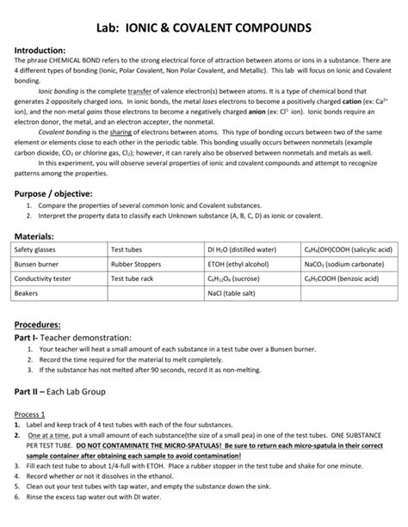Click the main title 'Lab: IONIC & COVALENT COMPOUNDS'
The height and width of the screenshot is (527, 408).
click(203, 28)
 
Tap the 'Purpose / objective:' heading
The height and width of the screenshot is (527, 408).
click(60, 195)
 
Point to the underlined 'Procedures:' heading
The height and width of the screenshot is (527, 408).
click(41, 325)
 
